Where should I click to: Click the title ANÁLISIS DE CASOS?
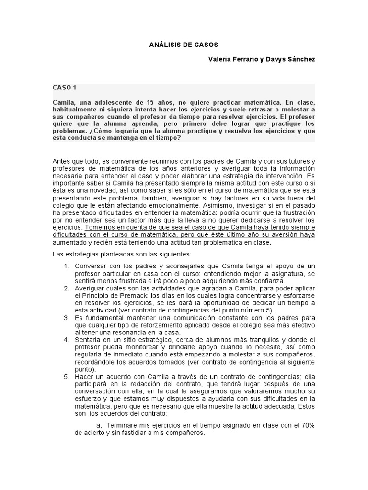coord(184,45)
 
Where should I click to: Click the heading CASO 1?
coord(65,88)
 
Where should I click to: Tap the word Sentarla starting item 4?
coord(88,340)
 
